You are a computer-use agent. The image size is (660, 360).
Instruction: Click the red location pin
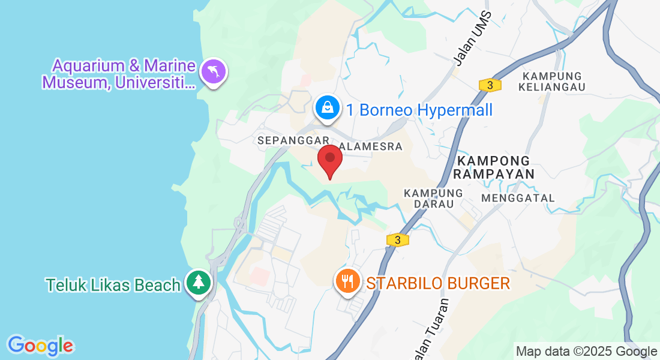click(329, 159)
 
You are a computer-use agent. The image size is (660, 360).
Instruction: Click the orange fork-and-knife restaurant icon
click(347, 281)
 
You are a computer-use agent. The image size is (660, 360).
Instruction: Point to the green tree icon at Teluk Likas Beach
click(197, 282)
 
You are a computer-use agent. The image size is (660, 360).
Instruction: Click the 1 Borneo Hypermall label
click(419, 110)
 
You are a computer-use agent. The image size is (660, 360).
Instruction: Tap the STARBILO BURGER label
click(438, 283)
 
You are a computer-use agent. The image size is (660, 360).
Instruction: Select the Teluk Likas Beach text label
click(113, 285)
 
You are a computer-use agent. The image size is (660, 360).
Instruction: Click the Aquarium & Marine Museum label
click(119, 74)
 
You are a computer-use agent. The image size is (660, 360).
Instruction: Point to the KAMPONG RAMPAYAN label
click(493, 167)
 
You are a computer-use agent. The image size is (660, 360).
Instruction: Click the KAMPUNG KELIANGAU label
click(553, 82)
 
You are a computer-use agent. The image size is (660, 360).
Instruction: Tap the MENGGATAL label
click(518, 198)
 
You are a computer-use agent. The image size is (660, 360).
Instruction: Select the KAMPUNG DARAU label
click(433, 199)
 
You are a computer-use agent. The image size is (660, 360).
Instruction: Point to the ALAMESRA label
click(371, 146)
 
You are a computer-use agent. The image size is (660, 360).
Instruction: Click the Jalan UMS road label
click(472, 38)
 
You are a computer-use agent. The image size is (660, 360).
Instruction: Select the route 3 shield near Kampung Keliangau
click(490, 85)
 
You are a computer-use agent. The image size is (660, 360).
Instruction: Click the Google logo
click(40, 346)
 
